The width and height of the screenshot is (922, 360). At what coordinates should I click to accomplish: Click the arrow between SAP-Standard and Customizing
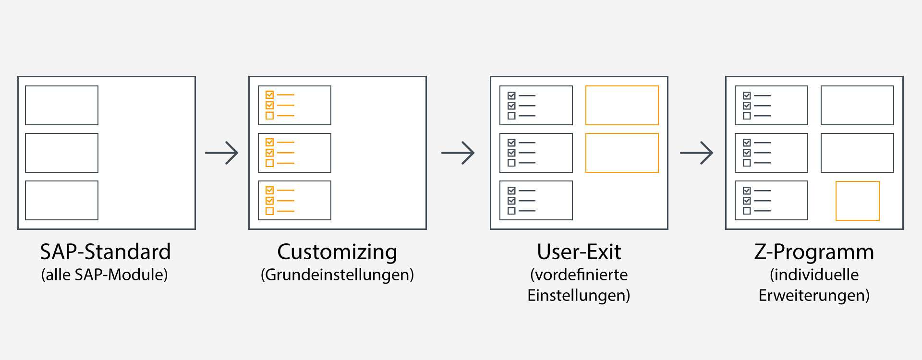pyautogui.click(x=221, y=153)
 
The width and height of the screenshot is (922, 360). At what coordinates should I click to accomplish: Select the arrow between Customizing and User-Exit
pyautogui.click(x=458, y=153)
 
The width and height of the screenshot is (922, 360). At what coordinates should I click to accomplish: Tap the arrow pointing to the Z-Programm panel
pyautogui.click(x=696, y=153)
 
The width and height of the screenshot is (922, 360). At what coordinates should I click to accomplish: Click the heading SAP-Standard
pyautogui.click(x=105, y=252)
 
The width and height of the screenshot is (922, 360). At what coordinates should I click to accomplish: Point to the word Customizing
pyautogui.click(x=337, y=252)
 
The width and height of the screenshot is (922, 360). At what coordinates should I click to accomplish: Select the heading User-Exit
pyautogui.click(x=579, y=252)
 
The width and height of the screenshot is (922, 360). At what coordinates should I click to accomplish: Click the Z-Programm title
pyautogui.click(x=814, y=252)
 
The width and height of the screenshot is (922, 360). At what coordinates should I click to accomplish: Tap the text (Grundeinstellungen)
pyautogui.click(x=337, y=275)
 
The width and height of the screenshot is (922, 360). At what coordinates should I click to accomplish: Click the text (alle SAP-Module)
pyautogui.click(x=105, y=275)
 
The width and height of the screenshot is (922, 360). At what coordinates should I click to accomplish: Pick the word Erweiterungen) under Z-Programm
pyautogui.click(x=814, y=295)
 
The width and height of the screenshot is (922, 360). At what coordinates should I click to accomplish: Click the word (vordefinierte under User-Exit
pyautogui.click(x=579, y=275)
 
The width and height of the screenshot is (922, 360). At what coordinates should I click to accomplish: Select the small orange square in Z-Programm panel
pyautogui.click(x=857, y=201)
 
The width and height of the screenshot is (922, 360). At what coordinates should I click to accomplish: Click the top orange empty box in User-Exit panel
pyautogui.click(x=622, y=105)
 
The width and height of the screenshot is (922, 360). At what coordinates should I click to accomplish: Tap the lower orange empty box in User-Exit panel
pyautogui.click(x=622, y=153)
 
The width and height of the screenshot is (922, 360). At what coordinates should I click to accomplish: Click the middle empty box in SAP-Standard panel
pyautogui.click(x=61, y=153)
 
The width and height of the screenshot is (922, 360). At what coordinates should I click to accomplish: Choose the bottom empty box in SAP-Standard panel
pyautogui.click(x=61, y=200)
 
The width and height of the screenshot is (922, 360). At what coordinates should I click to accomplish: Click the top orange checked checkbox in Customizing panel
pyautogui.click(x=269, y=95)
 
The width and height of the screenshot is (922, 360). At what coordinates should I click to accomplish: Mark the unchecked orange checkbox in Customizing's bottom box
pyautogui.click(x=269, y=211)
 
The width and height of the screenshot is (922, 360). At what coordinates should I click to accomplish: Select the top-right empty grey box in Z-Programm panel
pyautogui.click(x=857, y=105)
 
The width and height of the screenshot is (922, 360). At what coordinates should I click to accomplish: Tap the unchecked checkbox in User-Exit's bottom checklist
pyautogui.click(x=511, y=211)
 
